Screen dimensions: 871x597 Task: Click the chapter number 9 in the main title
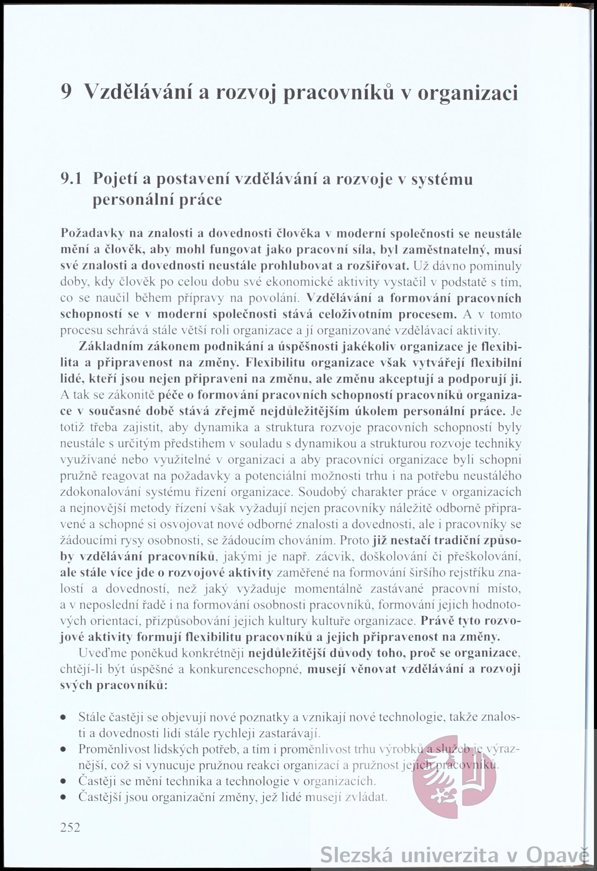pos(66,91)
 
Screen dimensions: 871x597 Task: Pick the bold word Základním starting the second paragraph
pos(111,347)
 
